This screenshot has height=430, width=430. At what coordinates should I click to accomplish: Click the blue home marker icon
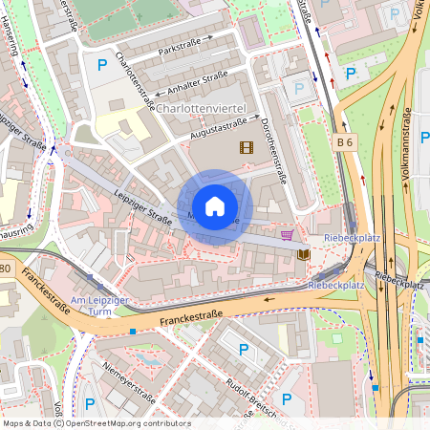tap(215, 206)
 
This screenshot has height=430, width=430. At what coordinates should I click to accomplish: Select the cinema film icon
tap(247, 146)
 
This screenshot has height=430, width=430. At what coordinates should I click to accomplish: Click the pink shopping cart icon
tap(287, 234)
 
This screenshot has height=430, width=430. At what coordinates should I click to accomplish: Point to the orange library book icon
tap(304, 254)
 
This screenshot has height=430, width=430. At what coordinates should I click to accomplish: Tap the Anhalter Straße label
tap(196, 84)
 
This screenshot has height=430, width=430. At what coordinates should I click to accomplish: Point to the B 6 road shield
tap(346, 141)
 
